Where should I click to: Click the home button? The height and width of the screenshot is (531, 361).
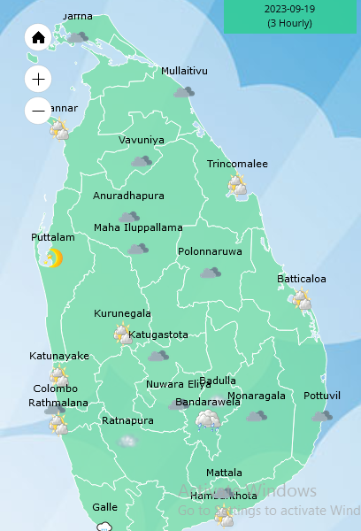point(38,38)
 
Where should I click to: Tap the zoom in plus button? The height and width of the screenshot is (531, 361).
point(38,79)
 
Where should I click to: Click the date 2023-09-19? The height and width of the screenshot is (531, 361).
point(289,9)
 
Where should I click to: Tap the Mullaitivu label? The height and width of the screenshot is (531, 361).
point(184,71)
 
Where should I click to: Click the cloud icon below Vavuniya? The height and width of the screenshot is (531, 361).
point(141,161)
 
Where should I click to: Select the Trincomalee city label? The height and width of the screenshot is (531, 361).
point(237,165)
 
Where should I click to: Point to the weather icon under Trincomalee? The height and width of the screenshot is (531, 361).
point(237,185)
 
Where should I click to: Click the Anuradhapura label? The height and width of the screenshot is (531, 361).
point(128,196)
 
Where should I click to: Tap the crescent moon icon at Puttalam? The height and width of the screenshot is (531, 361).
point(53,258)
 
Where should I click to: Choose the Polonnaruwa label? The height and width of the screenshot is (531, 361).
point(210,251)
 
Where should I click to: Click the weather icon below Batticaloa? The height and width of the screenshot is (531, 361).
point(302,299)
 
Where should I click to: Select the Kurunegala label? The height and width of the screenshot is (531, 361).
point(123,313)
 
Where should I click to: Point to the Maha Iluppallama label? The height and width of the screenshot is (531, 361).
point(138,227)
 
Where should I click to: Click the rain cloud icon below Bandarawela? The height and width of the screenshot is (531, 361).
point(209,419)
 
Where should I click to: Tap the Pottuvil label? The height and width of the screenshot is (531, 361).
point(321,396)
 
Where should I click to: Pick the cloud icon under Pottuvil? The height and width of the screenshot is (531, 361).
point(321,415)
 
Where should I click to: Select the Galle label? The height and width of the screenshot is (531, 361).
point(104,507)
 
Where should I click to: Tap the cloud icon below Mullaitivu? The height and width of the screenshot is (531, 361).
point(184,91)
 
